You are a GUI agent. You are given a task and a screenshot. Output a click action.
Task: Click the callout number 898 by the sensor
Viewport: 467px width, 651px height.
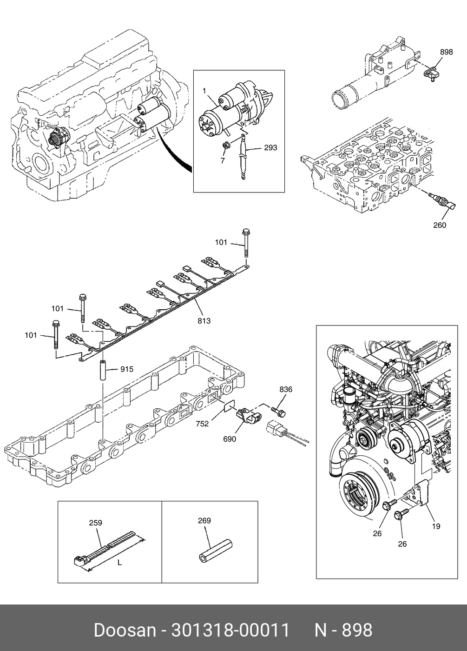pyautogui.click(x=447, y=52)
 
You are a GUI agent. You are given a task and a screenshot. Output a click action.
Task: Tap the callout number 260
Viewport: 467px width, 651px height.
pyautogui.click(x=440, y=225)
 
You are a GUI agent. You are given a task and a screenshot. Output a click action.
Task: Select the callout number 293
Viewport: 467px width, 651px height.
pyautogui.click(x=270, y=148)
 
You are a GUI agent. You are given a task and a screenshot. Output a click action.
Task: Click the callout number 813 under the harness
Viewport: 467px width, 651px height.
pyautogui.click(x=204, y=321)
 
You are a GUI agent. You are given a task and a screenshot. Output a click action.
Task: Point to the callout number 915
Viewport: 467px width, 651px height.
pyautogui.click(x=126, y=369)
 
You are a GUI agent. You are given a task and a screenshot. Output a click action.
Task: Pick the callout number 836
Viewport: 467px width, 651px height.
pyautogui.click(x=286, y=390)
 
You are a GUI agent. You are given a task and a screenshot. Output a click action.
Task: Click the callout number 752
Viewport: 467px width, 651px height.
pyautogui.click(x=202, y=424)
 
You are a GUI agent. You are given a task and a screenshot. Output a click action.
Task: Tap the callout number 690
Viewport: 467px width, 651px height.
pyautogui.click(x=230, y=439)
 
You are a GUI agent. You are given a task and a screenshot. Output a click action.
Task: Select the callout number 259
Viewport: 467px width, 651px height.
pyautogui.click(x=96, y=523)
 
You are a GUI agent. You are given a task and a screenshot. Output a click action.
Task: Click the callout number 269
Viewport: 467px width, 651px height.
pyautogui.click(x=204, y=520)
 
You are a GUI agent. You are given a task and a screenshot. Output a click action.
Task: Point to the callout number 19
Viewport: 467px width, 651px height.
pyautogui.click(x=436, y=526)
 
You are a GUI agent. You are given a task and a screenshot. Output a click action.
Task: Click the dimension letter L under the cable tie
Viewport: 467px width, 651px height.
pyautogui.click(x=120, y=563)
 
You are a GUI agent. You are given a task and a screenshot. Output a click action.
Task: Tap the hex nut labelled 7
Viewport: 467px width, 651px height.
pyautogui.click(x=226, y=145)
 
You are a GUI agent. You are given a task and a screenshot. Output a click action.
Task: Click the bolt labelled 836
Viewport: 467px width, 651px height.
pyautogui.click(x=278, y=411)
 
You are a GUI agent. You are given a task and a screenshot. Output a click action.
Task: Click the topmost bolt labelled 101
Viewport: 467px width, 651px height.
pyautogui.click(x=245, y=243)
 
